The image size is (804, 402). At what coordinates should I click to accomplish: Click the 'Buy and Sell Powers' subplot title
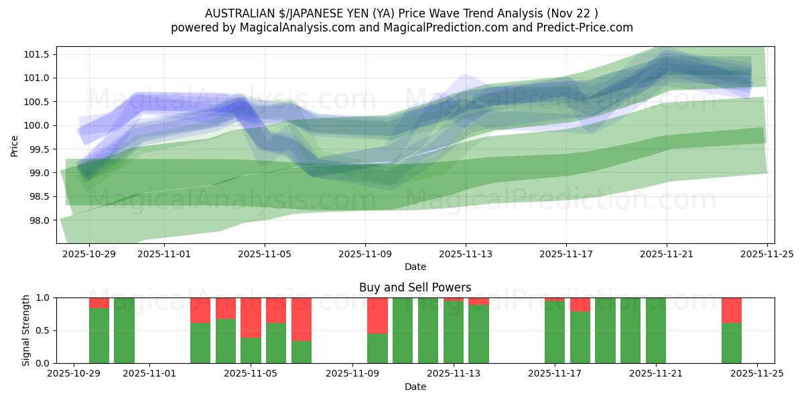click(x=415, y=287)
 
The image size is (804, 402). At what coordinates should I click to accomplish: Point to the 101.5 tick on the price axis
click(x=39, y=54)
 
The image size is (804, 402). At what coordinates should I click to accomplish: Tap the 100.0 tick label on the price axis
click(x=39, y=125)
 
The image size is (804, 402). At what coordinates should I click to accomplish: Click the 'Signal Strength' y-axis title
click(x=26, y=330)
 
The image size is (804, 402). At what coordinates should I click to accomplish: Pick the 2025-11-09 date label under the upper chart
click(x=365, y=254)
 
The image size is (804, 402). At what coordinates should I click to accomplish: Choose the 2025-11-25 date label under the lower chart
click(x=757, y=375)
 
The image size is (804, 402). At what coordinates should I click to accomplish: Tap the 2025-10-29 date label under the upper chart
click(x=89, y=254)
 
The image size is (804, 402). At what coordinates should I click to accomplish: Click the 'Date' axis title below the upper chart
click(x=415, y=267)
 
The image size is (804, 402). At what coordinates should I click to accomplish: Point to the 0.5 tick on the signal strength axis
click(x=43, y=330)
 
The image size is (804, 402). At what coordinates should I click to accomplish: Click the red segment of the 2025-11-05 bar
click(x=251, y=317)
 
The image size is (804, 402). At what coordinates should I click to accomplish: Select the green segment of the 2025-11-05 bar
click(x=251, y=350)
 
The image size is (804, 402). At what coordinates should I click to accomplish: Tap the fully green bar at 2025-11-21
click(x=656, y=330)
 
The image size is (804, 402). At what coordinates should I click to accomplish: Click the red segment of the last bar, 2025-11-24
click(x=732, y=310)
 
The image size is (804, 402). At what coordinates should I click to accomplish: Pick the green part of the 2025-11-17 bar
click(x=555, y=332)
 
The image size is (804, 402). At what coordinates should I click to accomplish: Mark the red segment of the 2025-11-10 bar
click(x=377, y=315)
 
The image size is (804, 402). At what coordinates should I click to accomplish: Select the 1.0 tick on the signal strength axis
click(x=43, y=297)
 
